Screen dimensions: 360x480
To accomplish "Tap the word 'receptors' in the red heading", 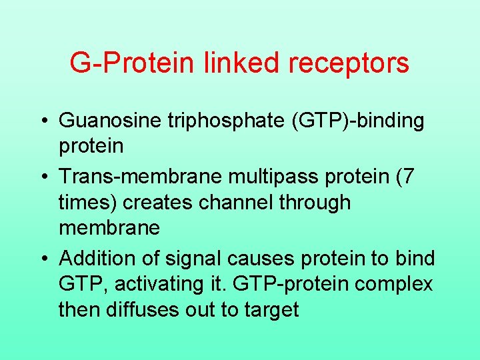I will coord(354,63).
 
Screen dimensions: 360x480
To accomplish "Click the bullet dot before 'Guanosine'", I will coord(44,121).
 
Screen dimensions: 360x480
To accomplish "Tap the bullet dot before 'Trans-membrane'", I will coord(44,177).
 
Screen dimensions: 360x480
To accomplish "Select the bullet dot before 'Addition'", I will coord(44,259).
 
